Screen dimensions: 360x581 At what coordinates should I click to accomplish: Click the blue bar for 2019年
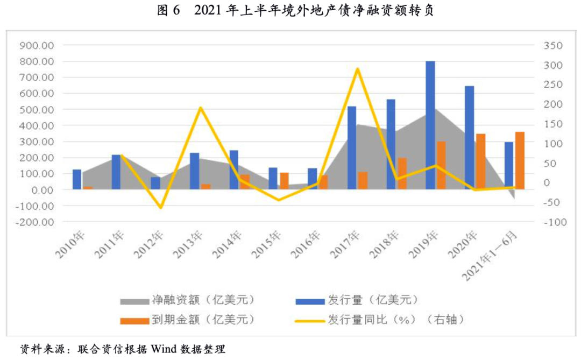point(430,125)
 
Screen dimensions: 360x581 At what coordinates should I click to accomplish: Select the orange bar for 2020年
point(480,161)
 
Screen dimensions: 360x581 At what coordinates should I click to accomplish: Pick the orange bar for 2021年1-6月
point(520,160)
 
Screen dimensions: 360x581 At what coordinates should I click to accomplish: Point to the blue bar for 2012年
point(155,183)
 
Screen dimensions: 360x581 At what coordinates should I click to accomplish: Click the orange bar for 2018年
point(402,173)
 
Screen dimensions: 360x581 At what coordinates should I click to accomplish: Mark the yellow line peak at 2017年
point(357,69)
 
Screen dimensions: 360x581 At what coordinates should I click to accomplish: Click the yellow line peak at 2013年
point(200,108)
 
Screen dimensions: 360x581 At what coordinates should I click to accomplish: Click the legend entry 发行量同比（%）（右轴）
point(396,319)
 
